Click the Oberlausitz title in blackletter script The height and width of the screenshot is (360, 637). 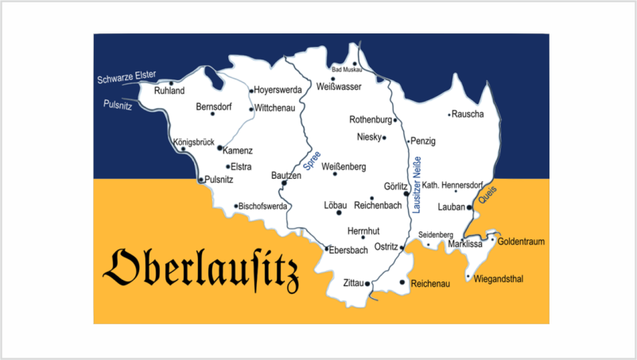(x=201, y=268)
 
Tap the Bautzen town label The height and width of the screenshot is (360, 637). (x=286, y=174)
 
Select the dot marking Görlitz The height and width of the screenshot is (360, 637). (x=406, y=193)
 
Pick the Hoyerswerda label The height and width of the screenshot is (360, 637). (x=278, y=91)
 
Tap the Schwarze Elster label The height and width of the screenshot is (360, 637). (x=126, y=77)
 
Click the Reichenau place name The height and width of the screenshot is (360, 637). (x=430, y=283)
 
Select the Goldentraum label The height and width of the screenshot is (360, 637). (x=521, y=241)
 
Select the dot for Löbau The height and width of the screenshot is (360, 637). (x=340, y=212)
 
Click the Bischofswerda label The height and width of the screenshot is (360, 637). (x=263, y=207)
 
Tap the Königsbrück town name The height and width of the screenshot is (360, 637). (x=194, y=143)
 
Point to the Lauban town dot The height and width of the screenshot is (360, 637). (x=469, y=207)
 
